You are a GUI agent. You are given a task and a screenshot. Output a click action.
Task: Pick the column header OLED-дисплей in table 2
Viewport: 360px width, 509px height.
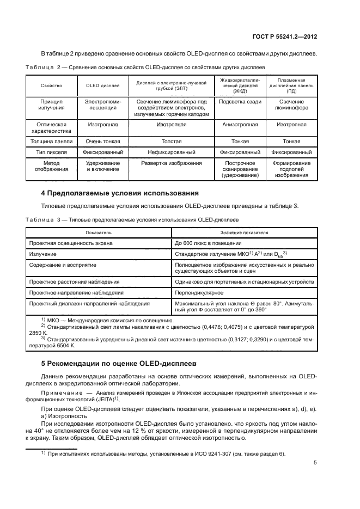[x=103, y=85]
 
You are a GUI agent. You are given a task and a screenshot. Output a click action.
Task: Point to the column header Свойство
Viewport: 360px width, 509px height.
[x=51, y=85]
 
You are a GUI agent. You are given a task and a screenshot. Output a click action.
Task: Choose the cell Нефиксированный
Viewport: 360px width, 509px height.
[x=171, y=152]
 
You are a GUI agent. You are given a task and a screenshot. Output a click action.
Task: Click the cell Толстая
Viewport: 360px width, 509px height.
[x=171, y=141]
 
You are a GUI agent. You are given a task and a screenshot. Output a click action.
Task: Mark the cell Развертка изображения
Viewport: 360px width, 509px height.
[x=171, y=163]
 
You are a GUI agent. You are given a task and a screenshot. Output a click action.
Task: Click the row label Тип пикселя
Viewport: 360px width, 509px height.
[x=51, y=152]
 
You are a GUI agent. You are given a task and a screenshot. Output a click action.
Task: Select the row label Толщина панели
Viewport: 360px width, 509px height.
[x=51, y=141]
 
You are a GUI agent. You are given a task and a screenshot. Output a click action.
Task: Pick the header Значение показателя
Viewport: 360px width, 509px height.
[x=245, y=232]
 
